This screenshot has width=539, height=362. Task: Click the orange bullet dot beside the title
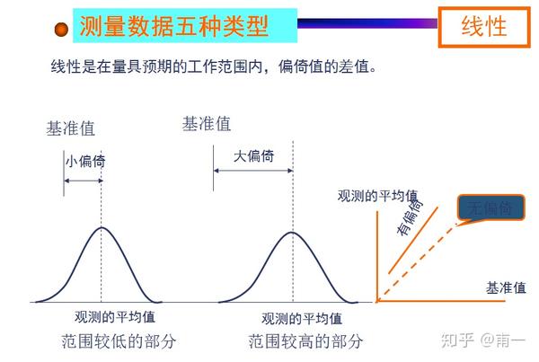click(x=61, y=30)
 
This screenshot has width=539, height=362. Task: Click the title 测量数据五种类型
click(x=173, y=26)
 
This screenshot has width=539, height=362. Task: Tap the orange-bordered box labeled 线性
click(x=484, y=27)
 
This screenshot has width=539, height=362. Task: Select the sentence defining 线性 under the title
click(x=214, y=66)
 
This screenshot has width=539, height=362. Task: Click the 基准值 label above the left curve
click(x=70, y=128)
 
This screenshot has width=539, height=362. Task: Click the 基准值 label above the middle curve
click(x=207, y=124)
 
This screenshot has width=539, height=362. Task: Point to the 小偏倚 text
click(x=85, y=161)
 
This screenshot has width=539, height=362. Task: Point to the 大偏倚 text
click(x=253, y=156)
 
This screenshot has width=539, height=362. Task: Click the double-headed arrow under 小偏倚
click(x=84, y=181)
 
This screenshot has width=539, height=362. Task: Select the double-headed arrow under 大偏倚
click(x=253, y=171)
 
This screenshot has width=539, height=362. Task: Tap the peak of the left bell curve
click(x=102, y=227)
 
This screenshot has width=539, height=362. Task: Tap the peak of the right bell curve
click(x=292, y=233)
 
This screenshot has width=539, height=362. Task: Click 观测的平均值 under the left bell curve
click(x=115, y=316)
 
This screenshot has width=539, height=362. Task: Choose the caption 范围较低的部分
click(x=119, y=341)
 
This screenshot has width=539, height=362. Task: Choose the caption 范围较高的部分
click(x=305, y=341)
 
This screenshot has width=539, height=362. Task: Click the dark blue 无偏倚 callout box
click(x=490, y=207)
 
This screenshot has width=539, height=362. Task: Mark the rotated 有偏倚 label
click(x=410, y=216)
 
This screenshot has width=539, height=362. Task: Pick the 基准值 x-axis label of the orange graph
click(x=506, y=287)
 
